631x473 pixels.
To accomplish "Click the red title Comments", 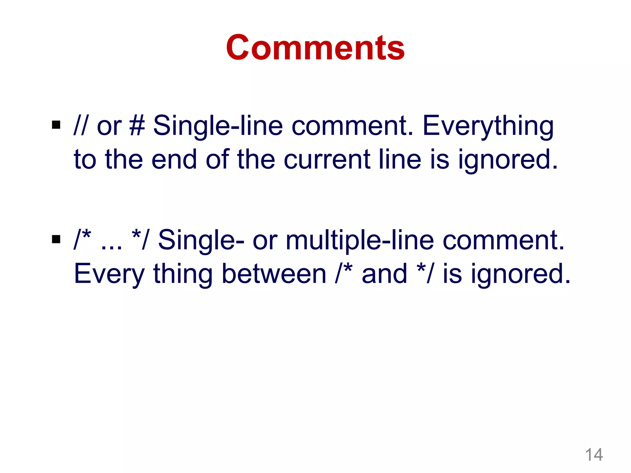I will [x=315, y=48].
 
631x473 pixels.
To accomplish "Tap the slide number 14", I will [x=594, y=455].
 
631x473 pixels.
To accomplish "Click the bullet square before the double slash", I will [x=56, y=125].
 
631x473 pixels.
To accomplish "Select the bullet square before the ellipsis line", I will [x=56, y=239].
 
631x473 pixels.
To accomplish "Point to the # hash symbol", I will [x=137, y=125].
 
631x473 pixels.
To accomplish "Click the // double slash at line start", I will [x=80, y=125].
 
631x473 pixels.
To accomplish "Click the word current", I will [x=327, y=160].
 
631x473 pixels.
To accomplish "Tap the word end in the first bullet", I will [x=174, y=160].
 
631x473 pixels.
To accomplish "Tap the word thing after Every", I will [x=183, y=274].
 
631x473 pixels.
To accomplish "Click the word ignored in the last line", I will [x=521, y=274].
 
